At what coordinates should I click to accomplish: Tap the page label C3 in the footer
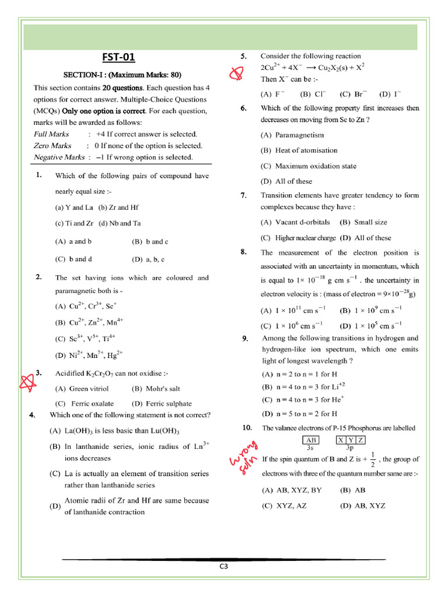pyautogui.click(x=224, y=566)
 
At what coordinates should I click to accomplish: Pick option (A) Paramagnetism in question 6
pyautogui.click(x=292, y=135)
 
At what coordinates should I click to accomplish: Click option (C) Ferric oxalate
pyautogui.click(x=85, y=403)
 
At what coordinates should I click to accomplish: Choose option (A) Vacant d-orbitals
pyautogui.click(x=295, y=222)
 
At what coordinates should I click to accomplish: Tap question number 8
pyautogui.click(x=243, y=252)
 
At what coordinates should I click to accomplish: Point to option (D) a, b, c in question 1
pyautogui.click(x=148, y=259)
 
